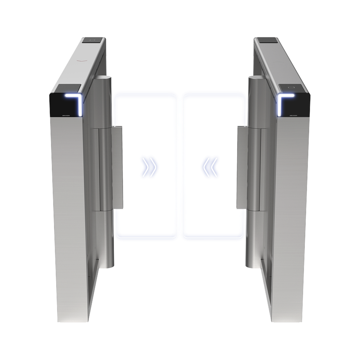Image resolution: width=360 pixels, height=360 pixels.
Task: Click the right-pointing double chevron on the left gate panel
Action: pos(149,166)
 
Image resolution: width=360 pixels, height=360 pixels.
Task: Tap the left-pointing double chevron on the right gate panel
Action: pos(210,166)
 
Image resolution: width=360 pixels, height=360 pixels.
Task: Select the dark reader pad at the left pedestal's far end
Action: pos(93,40)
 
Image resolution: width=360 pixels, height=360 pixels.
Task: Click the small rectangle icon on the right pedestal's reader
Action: pos(291,87)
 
